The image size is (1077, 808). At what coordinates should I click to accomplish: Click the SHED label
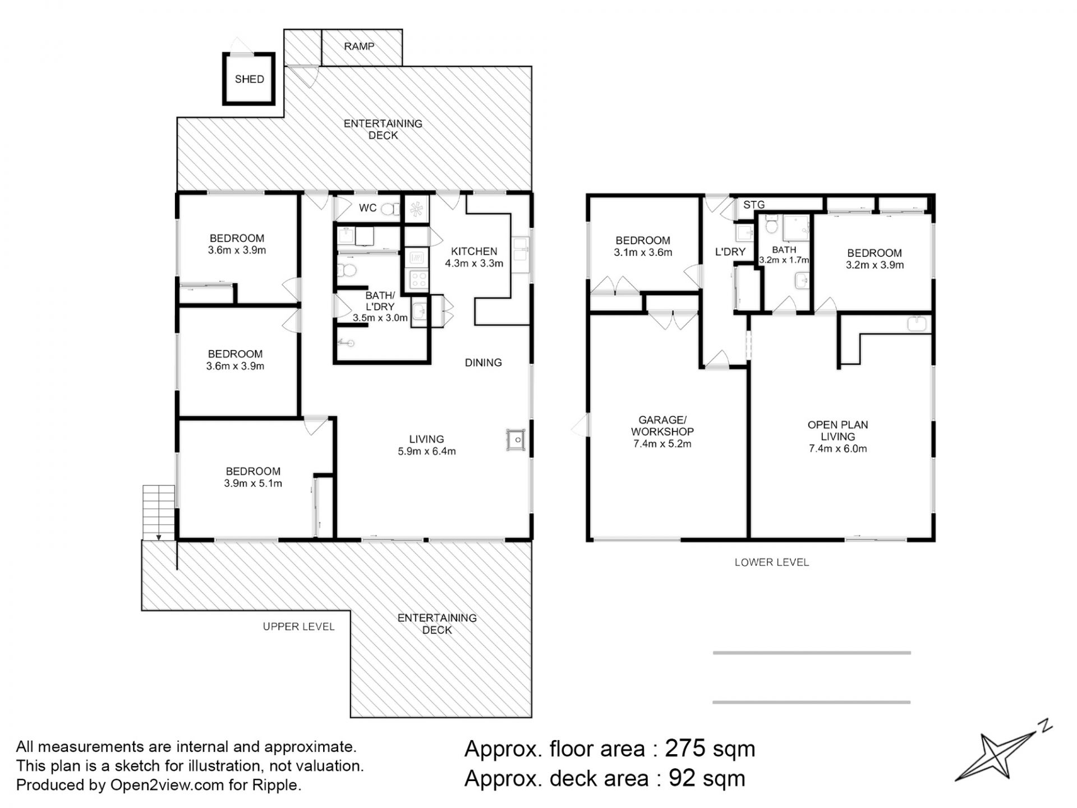(x=249, y=79)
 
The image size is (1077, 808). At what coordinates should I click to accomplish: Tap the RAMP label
(x=359, y=46)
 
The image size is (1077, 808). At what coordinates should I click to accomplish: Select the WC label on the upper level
(x=368, y=208)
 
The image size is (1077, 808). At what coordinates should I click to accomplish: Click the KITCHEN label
(x=474, y=251)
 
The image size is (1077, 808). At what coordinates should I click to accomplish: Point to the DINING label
(x=483, y=362)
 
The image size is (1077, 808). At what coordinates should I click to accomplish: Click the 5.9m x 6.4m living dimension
(x=427, y=451)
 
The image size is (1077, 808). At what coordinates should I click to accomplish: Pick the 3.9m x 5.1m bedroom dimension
(x=253, y=483)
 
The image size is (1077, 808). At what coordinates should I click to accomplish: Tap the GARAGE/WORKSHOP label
(x=662, y=426)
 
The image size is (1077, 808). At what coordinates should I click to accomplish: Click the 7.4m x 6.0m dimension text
(x=838, y=449)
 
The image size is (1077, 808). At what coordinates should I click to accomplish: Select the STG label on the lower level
(x=754, y=205)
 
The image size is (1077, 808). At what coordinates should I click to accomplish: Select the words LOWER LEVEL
(x=772, y=562)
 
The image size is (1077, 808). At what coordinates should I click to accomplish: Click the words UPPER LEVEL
(x=299, y=627)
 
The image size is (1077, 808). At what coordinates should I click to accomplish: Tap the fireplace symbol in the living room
(x=516, y=440)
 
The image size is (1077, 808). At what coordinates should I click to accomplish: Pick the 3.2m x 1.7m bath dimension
(x=784, y=260)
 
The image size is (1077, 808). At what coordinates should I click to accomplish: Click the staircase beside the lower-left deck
(x=159, y=512)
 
